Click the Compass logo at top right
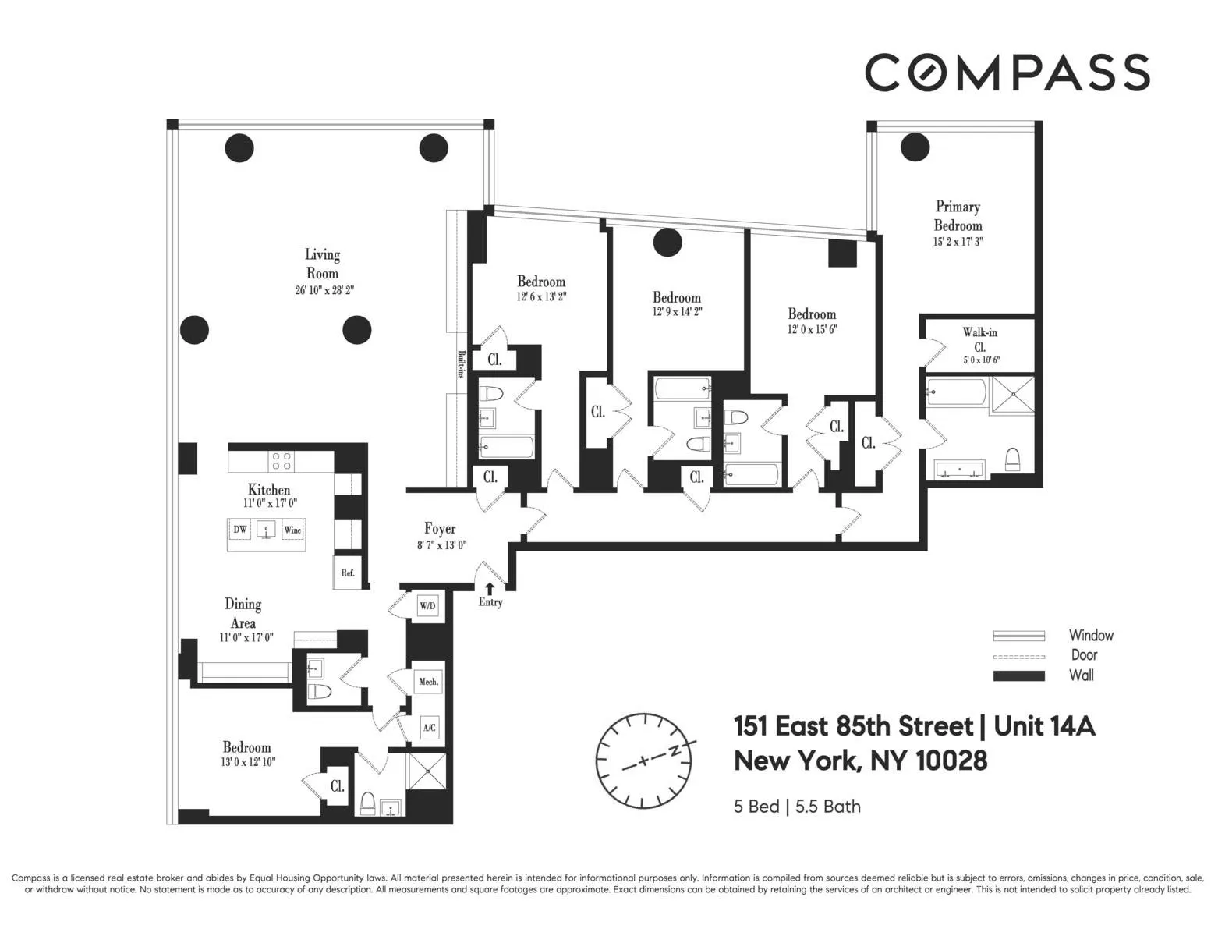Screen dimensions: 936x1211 coord(1007,73)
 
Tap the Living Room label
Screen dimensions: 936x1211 coord(322,264)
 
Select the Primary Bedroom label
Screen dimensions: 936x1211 coord(958,216)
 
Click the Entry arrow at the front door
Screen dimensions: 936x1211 coord(490,589)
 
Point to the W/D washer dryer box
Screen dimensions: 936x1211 coord(427,606)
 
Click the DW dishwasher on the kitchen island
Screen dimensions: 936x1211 coord(240,530)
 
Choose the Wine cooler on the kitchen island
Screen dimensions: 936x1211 coord(292,530)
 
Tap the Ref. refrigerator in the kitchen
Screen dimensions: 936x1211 coord(348,573)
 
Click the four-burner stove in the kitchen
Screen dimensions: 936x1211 coord(282,461)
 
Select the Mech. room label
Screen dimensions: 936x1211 coord(428,681)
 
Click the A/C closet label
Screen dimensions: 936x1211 coord(429,728)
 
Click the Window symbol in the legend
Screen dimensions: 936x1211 coord(1018,636)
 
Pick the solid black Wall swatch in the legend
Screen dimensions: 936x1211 coord(1018,675)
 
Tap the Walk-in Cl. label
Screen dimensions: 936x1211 coord(979,339)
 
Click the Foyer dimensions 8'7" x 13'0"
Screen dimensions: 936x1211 coord(441,546)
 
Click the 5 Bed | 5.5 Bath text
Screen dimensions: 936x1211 coord(797,807)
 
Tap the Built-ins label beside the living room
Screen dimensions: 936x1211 coord(461,364)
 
